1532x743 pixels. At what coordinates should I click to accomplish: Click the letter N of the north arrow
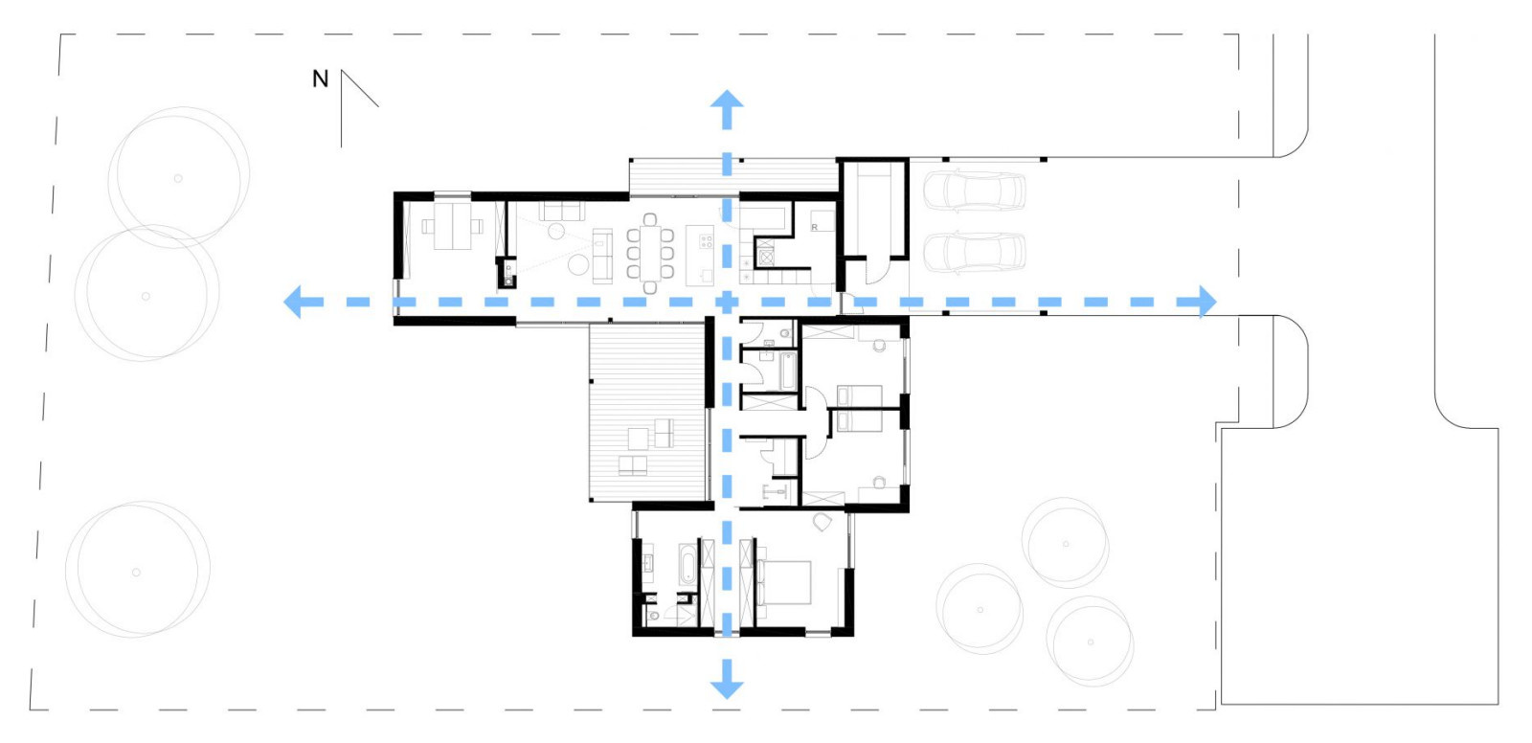pyautogui.click(x=321, y=79)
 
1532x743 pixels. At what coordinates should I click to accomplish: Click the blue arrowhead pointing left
pyautogui.click(x=295, y=302)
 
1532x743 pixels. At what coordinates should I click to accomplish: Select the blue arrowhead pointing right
pyautogui.click(x=1205, y=302)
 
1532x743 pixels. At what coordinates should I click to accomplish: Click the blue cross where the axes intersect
pyautogui.click(x=727, y=302)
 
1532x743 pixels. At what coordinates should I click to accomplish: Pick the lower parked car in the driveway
pyautogui.click(x=974, y=252)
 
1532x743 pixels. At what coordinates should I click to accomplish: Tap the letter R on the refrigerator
pyautogui.click(x=815, y=227)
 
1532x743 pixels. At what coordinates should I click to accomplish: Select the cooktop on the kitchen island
pyautogui.click(x=707, y=239)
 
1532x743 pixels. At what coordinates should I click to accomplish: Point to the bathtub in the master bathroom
pyautogui.click(x=687, y=566)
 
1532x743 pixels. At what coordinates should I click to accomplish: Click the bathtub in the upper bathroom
pyautogui.click(x=788, y=371)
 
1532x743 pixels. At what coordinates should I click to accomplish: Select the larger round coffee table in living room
pyautogui.click(x=577, y=264)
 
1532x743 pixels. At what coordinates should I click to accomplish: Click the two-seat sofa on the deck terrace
pyautogui.click(x=632, y=466)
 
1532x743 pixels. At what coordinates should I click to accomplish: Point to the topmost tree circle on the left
pyautogui.click(x=178, y=177)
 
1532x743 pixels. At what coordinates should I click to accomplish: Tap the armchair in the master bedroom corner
pyautogui.click(x=821, y=522)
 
